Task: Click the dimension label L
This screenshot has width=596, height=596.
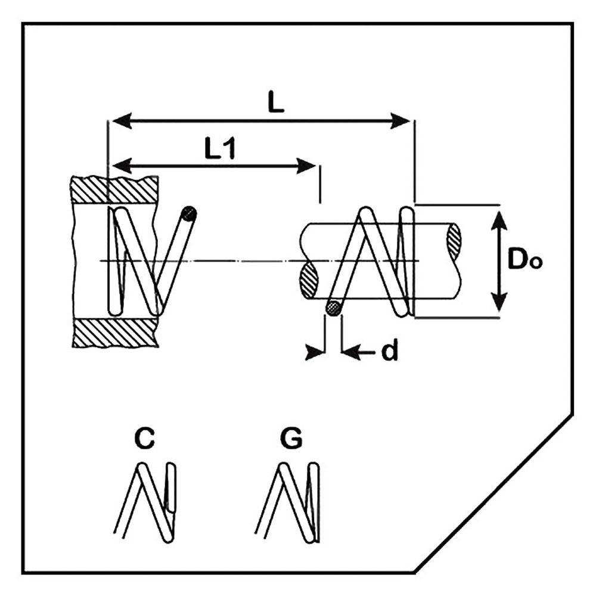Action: [275, 103]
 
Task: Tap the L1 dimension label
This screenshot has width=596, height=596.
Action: [220, 150]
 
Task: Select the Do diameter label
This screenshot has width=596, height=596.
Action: [524, 260]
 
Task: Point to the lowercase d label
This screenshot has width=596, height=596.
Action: [390, 352]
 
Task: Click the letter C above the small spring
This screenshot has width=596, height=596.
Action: [144, 439]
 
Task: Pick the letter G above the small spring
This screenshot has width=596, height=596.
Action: [291, 439]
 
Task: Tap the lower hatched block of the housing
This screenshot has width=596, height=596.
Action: [114, 332]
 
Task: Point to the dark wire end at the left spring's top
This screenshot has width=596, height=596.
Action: [189, 213]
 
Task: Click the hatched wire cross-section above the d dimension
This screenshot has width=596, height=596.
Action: [334, 308]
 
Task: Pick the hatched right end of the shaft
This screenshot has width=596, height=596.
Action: [454, 241]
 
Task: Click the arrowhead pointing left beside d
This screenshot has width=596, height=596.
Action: [352, 353]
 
